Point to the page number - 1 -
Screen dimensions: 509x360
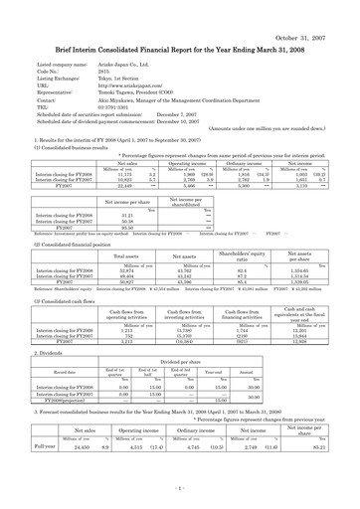(x=180, y=489)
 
